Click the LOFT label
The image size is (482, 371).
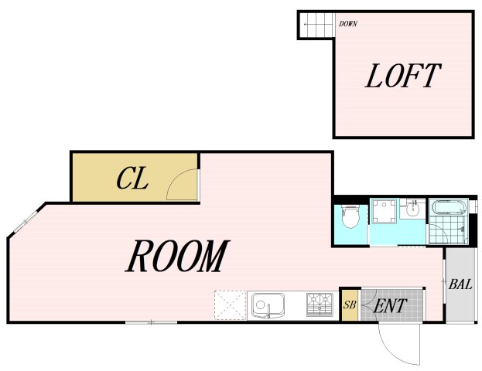click(x=403, y=76)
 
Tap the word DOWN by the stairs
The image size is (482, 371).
click(x=348, y=24)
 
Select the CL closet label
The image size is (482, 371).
click(x=132, y=178)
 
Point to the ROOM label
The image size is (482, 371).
click(x=178, y=256)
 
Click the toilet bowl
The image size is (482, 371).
click(x=350, y=217)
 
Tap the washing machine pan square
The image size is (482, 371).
click(x=384, y=211)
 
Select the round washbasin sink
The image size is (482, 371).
click(x=412, y=209)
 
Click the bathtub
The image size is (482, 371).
click(x=449, y=206)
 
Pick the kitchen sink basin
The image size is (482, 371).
click(x=268, y=305)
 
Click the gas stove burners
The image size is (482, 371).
click(x=320, y=305)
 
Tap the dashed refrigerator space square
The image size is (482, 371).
click(x=231, y=305)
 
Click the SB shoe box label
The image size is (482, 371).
click(x=350, y=305)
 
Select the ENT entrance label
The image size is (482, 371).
click(x=390, y=305)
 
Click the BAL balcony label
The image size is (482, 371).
click(x=460, y=284)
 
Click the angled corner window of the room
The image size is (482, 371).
click(x=26, y=220)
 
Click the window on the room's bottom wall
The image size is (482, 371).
click(x=151, y=322)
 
